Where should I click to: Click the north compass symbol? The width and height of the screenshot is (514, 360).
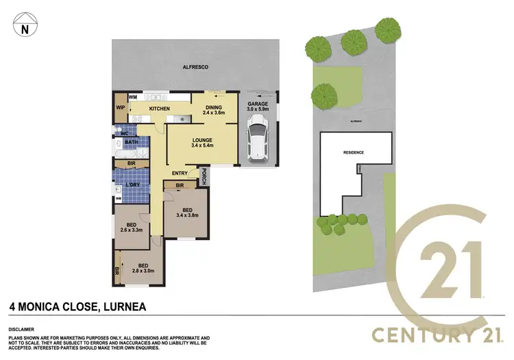coord(25,27)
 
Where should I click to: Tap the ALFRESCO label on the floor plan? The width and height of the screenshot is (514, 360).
coord(195,67)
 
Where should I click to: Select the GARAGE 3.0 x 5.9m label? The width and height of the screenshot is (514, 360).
coord(259,106)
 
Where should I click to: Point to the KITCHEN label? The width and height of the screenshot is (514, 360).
coord(160,109)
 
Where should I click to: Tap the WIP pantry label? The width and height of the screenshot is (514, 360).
coord(120,108)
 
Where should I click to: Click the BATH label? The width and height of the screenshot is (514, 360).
coord(132,143)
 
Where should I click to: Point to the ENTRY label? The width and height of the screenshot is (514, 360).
coord(180,173)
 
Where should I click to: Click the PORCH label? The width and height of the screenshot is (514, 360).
coord(204,176)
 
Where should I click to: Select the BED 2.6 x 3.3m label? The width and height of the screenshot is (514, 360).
coord(132,227)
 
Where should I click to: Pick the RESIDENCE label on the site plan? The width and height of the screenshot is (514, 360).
coord(353,152)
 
